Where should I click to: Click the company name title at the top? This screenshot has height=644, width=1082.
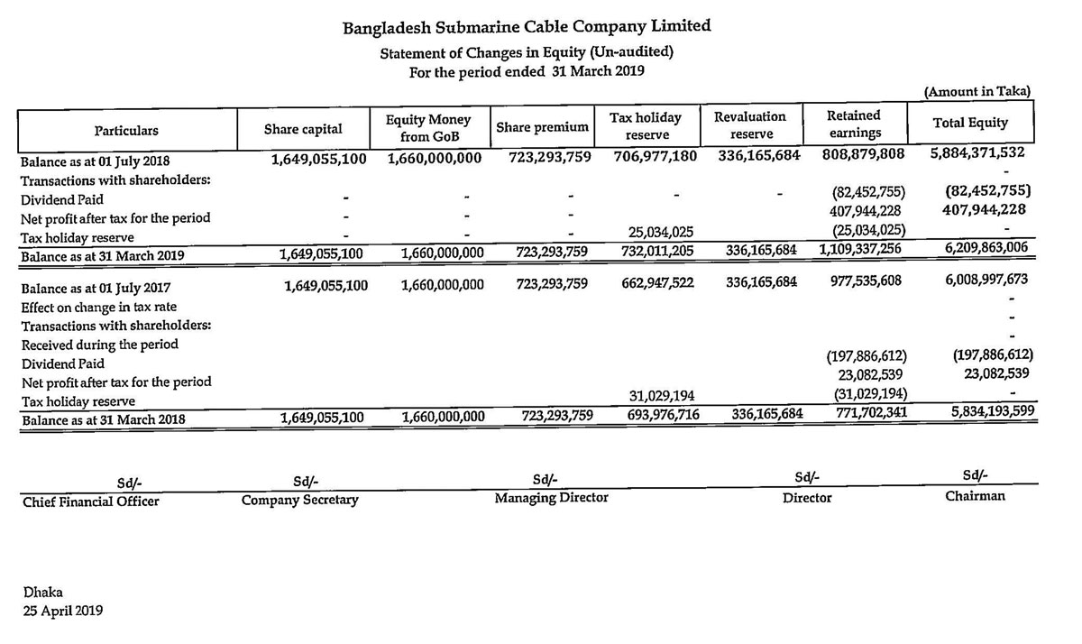click(x=527, y=26)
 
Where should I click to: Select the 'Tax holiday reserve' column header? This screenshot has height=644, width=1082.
click(x=646, y=126)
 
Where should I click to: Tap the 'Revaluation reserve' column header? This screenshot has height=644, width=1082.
click(x=750, y=125)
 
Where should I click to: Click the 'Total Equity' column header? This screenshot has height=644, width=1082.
click(x=970, y=123)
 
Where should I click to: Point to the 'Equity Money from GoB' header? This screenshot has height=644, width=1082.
click(x=428, y=128)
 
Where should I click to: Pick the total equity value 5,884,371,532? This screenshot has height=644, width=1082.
click(x=977, y=152)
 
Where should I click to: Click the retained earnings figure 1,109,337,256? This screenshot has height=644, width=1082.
click(x=862, y=248)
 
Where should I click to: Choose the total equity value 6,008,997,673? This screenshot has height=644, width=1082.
click(x=986, y=281)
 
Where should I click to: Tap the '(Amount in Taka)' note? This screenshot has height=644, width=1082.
click(x=977, y=92)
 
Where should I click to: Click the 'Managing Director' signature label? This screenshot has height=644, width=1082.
click(x=551, y=498)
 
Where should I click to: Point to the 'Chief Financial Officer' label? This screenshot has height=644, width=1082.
click(x=90, y=501)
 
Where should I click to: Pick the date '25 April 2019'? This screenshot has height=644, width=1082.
click(x=63, y=611)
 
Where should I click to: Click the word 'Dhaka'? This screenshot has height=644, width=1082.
click(x=43, y=592)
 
